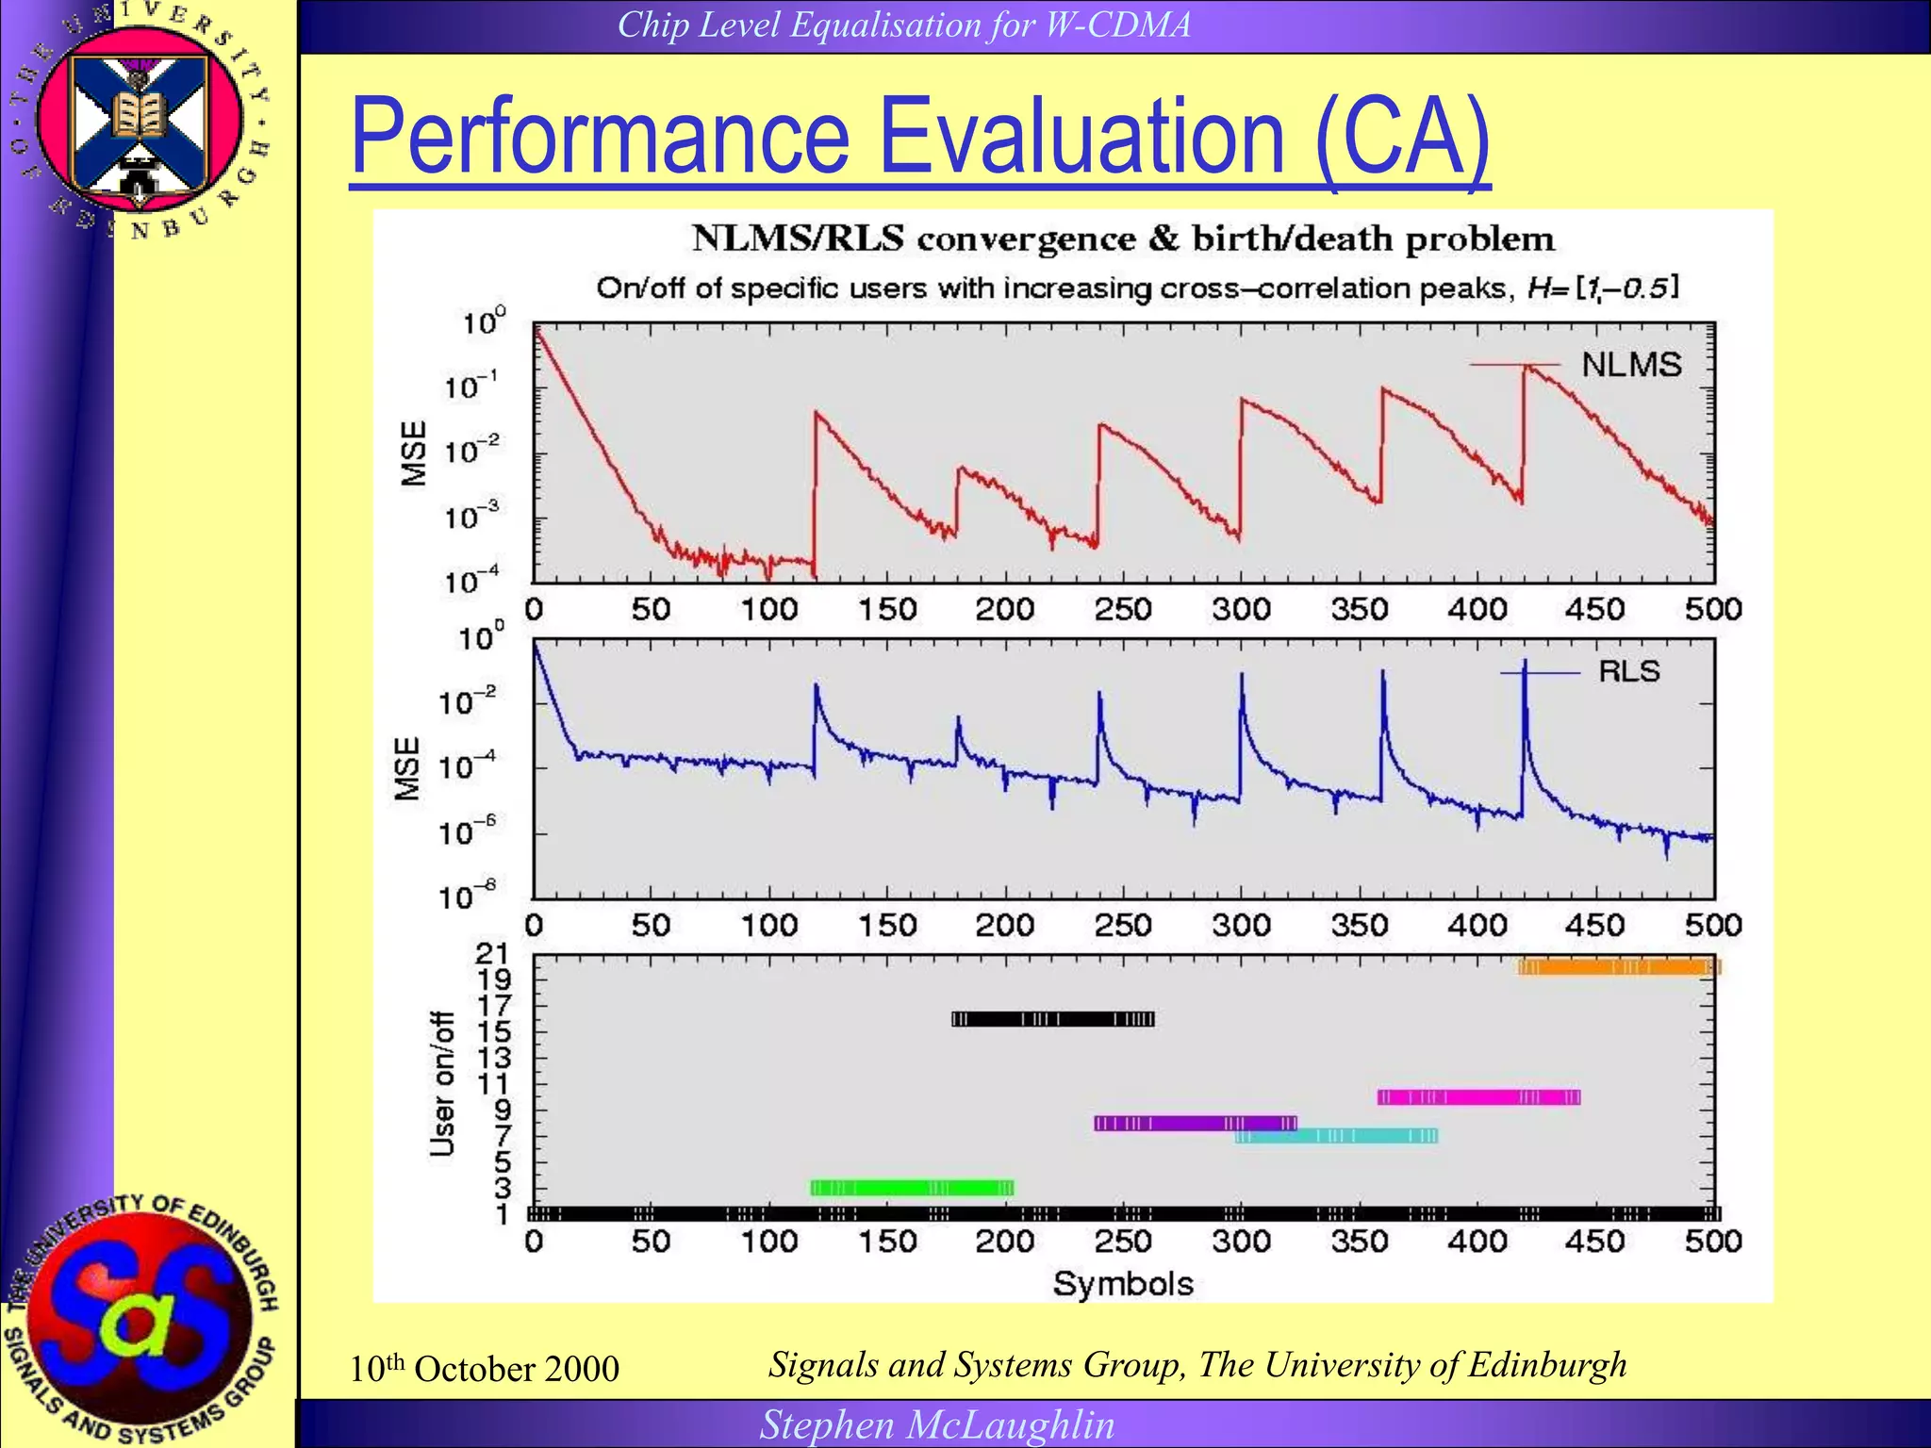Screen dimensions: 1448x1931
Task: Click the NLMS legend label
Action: pos(1631,365)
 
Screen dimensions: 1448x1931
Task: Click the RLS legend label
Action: pos(1628,671)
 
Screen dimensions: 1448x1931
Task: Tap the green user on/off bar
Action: pos(912,1188)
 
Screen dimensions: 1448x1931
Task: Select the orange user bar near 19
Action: pos(1618,967)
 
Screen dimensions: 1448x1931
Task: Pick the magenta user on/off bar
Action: pos(1478,1097)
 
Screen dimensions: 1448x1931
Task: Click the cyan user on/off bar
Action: pos(1336,1136)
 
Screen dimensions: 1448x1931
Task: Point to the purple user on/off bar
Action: pos(1195,1123)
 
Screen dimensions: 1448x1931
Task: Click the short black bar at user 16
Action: pos(1052,1019)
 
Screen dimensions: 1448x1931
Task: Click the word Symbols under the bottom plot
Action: pos(1123,1284)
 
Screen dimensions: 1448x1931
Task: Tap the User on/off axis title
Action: pos(441,1084)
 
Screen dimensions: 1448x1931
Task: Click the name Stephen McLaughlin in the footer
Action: pos(937,1424)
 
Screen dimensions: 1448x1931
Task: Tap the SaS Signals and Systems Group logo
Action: pos(141,1320)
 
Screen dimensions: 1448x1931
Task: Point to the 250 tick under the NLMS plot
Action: pos(1122,610)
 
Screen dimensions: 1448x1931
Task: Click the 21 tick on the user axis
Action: pos(493,954)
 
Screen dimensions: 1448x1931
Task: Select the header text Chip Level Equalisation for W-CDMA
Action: pos(903,25)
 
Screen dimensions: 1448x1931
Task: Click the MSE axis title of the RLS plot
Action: pos(407,769)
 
